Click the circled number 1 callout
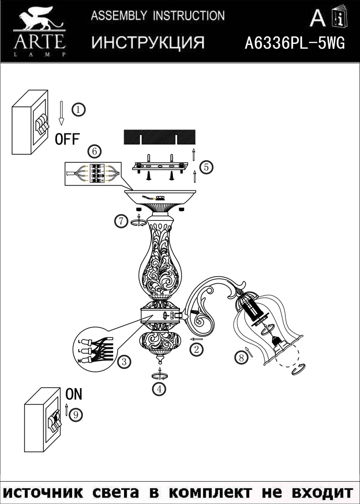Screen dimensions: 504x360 (78, 109)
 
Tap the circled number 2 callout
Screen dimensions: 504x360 (197, 348)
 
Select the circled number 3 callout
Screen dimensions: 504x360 (123, 361)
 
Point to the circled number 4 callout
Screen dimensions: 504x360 (160, 389)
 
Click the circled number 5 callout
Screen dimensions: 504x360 (206, 167)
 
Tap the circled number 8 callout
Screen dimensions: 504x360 (242, 357)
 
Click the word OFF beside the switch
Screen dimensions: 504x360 (67, 139)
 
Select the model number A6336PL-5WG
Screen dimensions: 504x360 (294, 44)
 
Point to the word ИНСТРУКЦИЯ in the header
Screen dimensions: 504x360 (148, 43)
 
